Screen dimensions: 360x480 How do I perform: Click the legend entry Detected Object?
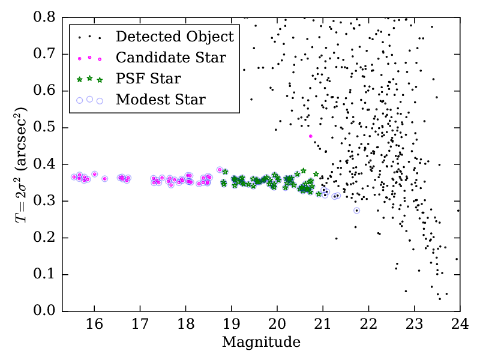(x=174, y=37)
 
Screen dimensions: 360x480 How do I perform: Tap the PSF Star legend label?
(x=148, y=79)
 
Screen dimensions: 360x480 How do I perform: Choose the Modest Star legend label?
(x=160, y=100)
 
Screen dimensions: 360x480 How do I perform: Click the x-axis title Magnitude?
(x=261, y=343)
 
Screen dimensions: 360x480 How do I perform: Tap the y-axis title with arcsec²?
(x=23, y=164)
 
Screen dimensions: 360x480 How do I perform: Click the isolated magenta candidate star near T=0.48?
(x=310, y=136)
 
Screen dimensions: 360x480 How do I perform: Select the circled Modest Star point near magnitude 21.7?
(x=356, y=211)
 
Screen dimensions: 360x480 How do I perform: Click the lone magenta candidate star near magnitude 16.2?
(x=105, y=179)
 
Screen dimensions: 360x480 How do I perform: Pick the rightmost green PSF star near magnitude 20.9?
(x=316, y=174)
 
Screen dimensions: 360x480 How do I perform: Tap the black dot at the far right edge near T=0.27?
(x=458, y=211)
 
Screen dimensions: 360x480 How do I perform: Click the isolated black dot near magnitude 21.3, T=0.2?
(x=336, y=238)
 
